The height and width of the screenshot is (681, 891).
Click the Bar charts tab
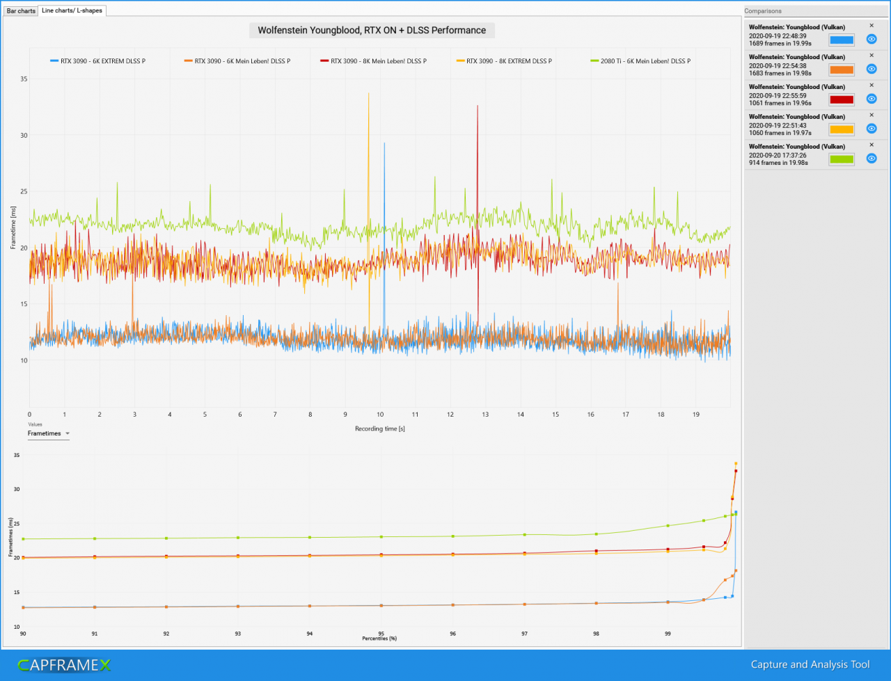click(x=21, y=10)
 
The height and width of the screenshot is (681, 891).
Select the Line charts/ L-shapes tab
click(x=72, y=10)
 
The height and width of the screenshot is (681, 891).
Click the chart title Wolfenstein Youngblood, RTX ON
click(x=372, y=31)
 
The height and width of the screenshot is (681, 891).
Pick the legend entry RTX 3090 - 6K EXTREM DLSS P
click(x=98, y=61)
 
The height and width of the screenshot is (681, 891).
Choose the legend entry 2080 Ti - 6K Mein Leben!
click(x=640, y=61)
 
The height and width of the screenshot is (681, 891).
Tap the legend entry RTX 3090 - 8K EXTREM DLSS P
click(x=504, y=61)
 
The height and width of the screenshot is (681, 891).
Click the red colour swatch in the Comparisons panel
click(x=841, y=99)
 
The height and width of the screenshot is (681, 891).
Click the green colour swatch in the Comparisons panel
click(x=841, y=159)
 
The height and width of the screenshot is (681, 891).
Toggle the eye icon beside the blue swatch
click(x=871, y=39)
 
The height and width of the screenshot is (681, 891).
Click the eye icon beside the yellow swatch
click(x=871, y=129)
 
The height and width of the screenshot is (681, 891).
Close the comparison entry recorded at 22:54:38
click(x=871, y=55)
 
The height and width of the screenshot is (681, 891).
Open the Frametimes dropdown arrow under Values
click(x=68, y=433)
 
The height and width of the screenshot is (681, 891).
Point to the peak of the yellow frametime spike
click(x=368, y=93)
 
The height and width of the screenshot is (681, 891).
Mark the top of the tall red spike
click(x=478, y=106)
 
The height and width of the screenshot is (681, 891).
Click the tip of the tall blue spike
click(x=384, y=143)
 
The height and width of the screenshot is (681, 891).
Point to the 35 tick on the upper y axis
click(x=24, y=79)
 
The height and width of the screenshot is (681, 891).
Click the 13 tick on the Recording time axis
click(x=485, y=415)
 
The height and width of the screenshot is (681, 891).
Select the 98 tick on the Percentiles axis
click(x=596, y=634)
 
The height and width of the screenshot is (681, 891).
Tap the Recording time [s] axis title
click(x=379, y=428)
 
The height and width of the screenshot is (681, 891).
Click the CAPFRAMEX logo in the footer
click(x=64, y=665)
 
